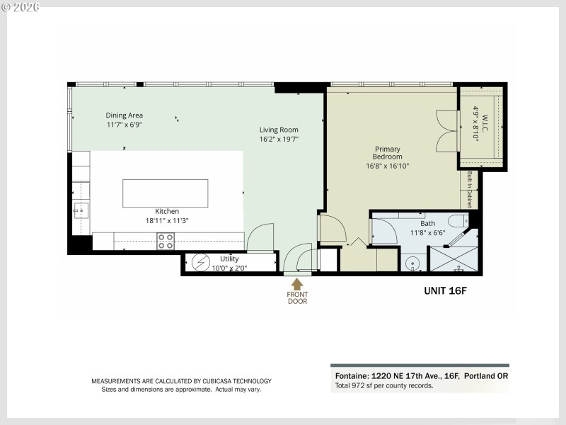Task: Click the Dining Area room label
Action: [x=125, y=115]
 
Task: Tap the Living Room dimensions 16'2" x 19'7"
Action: [x=278, y=139]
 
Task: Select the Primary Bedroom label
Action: [x=388, y=153]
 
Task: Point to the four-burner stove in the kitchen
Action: [x=166, y=242]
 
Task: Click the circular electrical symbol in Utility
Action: [x=199, y=261]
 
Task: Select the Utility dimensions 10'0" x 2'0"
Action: [x=229, y=268]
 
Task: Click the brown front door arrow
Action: [x=297, y=284]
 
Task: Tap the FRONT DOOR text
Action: [x=297, y=298]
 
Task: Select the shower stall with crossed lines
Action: [x=454, y=259]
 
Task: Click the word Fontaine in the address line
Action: [x=350, y=376]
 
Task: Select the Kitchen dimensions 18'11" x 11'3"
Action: [x=167, y=220]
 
